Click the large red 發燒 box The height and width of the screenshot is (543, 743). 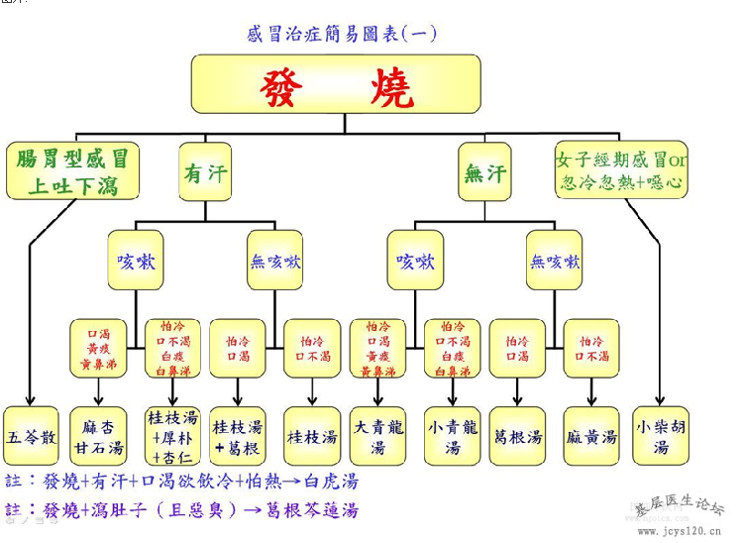336,83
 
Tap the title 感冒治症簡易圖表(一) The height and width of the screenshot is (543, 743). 342,34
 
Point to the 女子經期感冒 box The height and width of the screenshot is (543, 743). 621,170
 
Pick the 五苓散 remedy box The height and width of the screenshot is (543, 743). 31,436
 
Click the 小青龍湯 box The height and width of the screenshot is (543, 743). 452,436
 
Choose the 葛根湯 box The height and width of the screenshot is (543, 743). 518,436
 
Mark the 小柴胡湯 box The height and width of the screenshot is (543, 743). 661,436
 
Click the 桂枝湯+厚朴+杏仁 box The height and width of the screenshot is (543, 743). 172,436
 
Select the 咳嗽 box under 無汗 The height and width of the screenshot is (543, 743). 415,262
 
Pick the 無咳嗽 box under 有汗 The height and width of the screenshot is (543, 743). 275,262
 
